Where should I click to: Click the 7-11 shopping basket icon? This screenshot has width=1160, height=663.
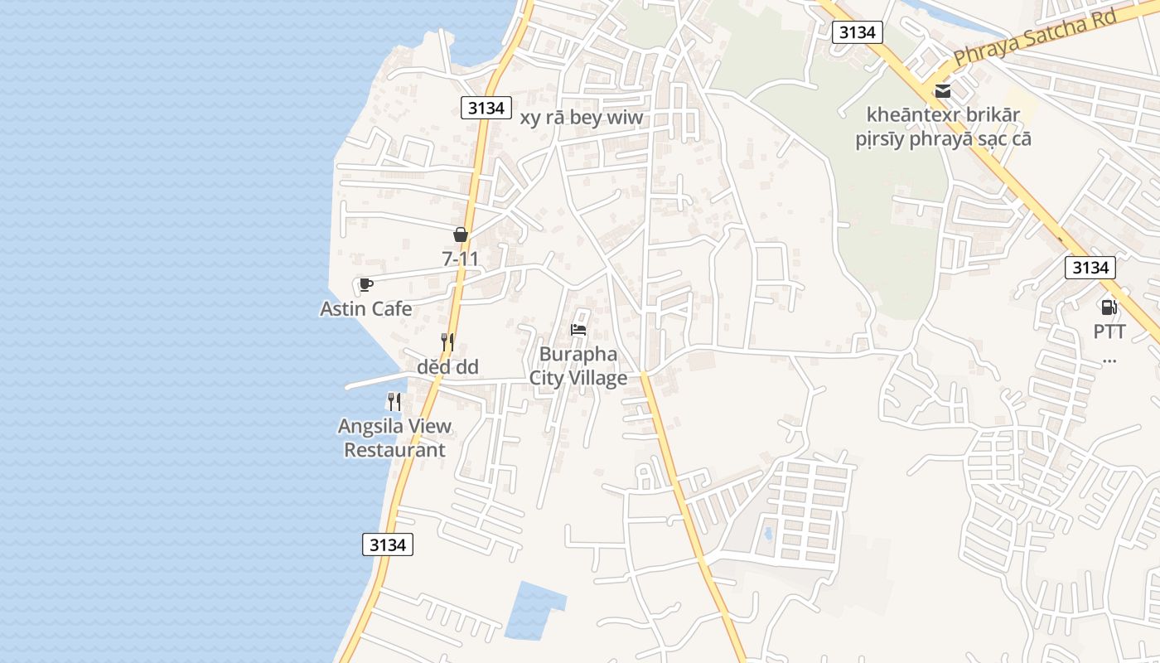461,235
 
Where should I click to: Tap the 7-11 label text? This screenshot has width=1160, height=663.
461,259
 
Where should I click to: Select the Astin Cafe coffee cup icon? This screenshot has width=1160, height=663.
365,285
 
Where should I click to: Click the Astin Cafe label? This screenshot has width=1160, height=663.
365,309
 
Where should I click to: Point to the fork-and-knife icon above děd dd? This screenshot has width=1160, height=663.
447,342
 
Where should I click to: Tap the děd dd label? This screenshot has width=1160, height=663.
447,366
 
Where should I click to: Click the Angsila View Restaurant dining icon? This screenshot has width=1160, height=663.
394,402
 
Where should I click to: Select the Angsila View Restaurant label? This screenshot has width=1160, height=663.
394,438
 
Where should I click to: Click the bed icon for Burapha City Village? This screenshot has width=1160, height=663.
578,330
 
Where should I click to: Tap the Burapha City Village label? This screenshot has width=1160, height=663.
578,366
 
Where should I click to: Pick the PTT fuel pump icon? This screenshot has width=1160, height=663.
1109,307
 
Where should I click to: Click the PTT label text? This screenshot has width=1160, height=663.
1109,332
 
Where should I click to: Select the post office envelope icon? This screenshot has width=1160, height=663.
943,90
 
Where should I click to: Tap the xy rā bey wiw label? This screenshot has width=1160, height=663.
581,118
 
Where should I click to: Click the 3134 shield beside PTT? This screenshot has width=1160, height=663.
1090,268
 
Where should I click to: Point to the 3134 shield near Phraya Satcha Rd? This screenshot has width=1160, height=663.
857,32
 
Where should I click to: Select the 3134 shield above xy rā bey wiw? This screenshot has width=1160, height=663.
486,108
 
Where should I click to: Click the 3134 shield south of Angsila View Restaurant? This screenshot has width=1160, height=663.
387,544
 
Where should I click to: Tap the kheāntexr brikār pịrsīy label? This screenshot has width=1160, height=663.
943,127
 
